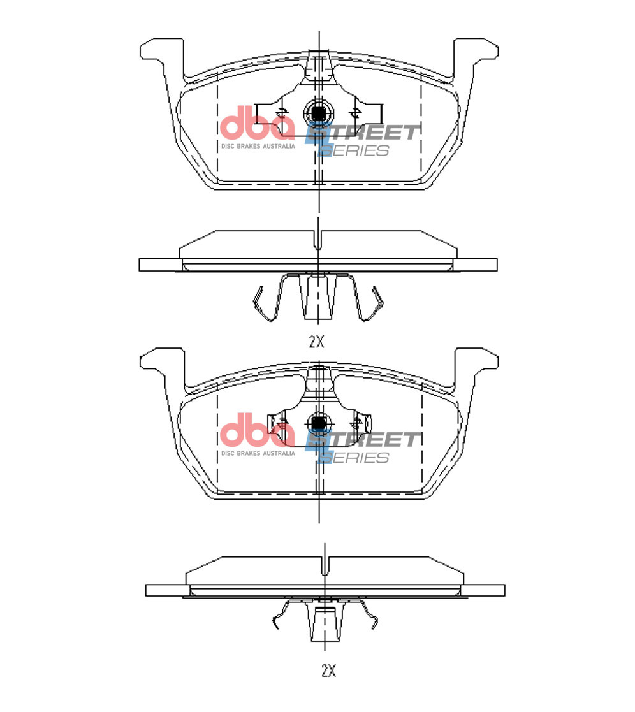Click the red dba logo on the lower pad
[x=257, y=430]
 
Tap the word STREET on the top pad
[x=363, y=133]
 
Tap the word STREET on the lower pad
[x=363, y=440]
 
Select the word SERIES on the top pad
[x=354, y=151]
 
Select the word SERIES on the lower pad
[x=354, y=458]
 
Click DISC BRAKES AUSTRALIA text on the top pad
[x=258, y=146]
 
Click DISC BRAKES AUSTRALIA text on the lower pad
[x=258, y=453]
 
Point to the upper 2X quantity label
[x=317, y=342]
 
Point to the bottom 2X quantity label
[x=328, y=671]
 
